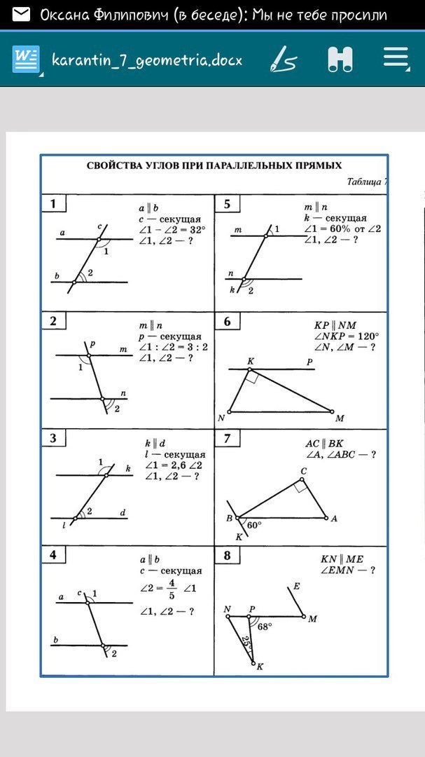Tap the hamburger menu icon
(x=396, y=59)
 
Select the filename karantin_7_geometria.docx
(x=147, y=60)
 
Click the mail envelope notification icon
(x=21, y=15)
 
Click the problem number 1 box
(x=53, y=204)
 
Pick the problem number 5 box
(x=227, y=204)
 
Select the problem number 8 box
(x=227, y=556)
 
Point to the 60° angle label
(x=254, y=524)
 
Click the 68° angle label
(x=264, y=627)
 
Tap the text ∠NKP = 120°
(x=346, y=336)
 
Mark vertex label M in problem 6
(x=340, y=418)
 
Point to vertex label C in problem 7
(x=303, y=470)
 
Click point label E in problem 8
(x=296, y=586)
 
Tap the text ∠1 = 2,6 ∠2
(x=173, y=465)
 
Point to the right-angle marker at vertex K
(x=252, y=377)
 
